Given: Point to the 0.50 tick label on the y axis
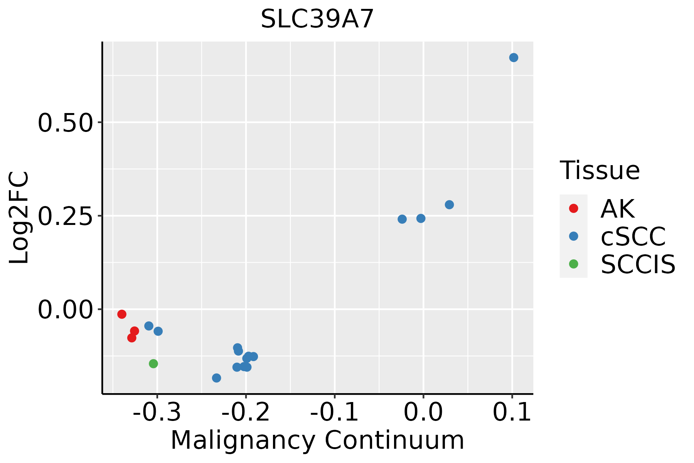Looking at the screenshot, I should [x=65, y=123].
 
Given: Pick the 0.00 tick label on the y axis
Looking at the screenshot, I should [x=65, y=310].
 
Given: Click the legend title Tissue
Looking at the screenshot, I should [x=600, y=170].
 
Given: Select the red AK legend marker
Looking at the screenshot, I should [x=573, y=208].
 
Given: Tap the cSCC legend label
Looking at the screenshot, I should [x=633, y=236].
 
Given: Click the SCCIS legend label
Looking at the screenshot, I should [x=638, y=264].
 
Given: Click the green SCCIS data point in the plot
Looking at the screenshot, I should [x=153, y=363].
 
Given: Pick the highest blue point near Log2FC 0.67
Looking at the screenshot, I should [x=514, y=57].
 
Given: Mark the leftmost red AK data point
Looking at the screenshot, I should [x=122, y=314].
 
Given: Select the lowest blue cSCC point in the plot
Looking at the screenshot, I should [x=217, y=378].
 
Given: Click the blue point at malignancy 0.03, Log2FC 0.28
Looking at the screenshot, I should [x=449, y=204].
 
